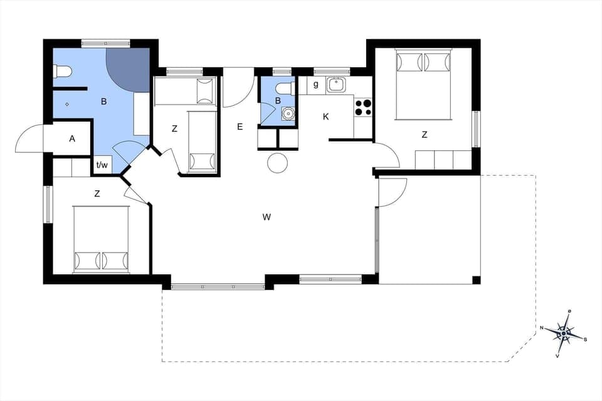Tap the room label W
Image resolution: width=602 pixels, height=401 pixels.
(267, 217)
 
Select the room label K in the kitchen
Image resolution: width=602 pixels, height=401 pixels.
(326, 117)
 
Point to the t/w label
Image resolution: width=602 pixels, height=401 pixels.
(102, 165)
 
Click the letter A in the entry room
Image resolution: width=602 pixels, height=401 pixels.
(72, 138)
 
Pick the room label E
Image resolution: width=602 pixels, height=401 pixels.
(240, 127)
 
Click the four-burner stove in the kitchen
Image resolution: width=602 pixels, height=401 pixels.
(363, 108)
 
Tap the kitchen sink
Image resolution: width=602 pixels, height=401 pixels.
(337, 85)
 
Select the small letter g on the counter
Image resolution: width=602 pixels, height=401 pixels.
(316, 85)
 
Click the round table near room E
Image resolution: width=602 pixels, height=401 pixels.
(277, 163)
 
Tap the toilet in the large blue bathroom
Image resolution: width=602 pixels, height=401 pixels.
(63, 71)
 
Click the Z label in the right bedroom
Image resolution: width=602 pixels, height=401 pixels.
(425, 135)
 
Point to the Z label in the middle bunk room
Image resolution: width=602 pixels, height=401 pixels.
(175, 129)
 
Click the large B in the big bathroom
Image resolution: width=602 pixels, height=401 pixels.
(103, 101)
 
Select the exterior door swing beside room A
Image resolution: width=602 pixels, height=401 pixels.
(30, 140)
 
